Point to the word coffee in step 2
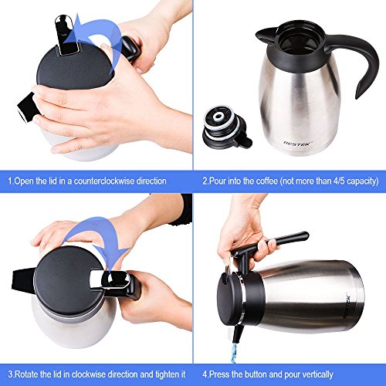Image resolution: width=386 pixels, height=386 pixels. tap(267, 181)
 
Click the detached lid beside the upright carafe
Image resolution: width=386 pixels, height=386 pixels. tap(226, 127)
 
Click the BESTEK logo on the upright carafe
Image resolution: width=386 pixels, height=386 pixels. tap(298, 144)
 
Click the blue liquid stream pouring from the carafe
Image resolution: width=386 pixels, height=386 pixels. tap(234, 353)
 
